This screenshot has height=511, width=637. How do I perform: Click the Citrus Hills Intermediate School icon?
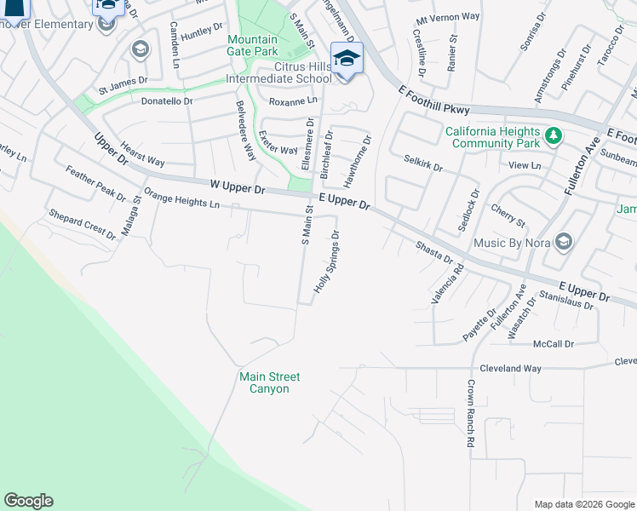(347, 59)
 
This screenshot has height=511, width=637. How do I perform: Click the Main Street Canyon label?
(264, 382)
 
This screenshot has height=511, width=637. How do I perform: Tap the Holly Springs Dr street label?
(327, 261)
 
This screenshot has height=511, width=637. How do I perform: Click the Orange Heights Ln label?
(181, 198)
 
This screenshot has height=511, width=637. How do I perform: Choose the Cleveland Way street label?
(511, 369)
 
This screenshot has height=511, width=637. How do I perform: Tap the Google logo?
(28, 501)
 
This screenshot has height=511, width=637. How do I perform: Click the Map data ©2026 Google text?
(583, 504)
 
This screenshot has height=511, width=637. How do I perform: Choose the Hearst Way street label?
(142, 154)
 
